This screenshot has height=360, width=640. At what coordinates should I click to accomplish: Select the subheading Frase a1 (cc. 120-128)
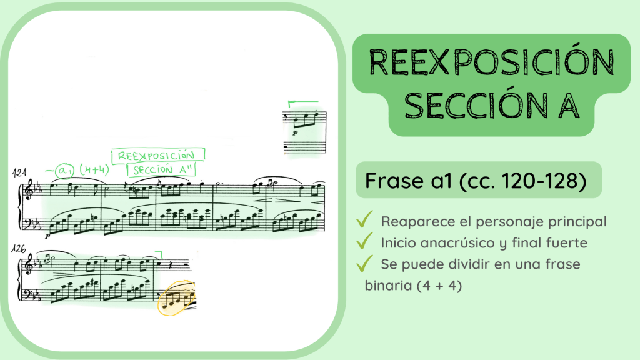point(474,181)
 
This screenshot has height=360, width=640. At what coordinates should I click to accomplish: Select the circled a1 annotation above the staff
point(64,169)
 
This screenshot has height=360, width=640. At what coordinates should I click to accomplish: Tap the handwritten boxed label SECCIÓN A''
point(161,169)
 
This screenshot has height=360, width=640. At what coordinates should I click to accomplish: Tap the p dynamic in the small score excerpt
point(296,132)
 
